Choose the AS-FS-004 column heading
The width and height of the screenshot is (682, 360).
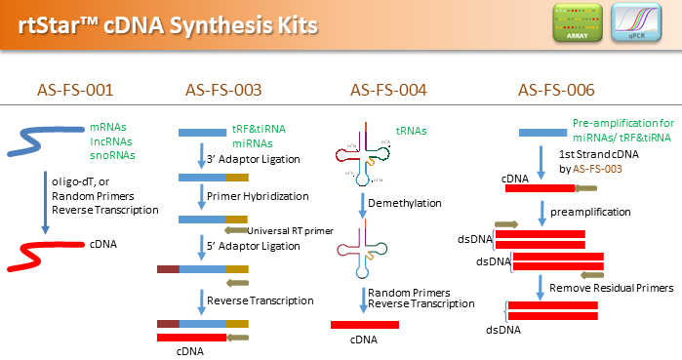pos(388,91)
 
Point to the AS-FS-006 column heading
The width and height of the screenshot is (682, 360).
pos(556,91)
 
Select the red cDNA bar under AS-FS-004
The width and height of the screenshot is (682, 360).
pos(364,324)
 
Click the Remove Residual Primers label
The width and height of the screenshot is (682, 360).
pos(611,289)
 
